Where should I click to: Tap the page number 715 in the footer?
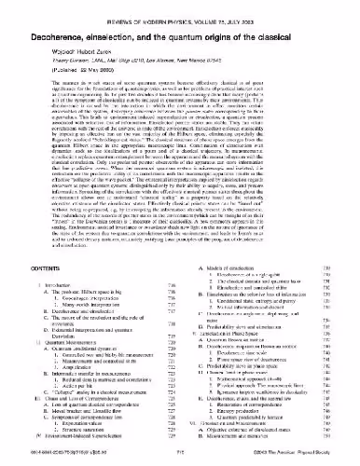[180, 461]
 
